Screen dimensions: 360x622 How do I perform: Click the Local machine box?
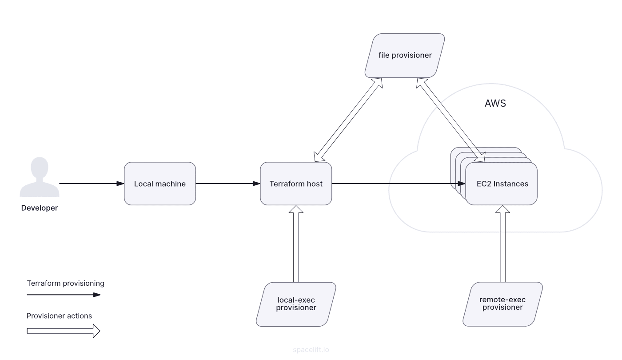(160, 184)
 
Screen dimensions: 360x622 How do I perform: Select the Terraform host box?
(296, 184)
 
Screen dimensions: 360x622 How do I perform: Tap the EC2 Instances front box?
(502, 184)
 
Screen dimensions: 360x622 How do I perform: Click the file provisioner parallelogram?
(405, 56)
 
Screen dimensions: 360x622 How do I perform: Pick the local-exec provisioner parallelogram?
(296, 304)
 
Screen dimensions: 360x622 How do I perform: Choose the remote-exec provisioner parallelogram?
(502, 304)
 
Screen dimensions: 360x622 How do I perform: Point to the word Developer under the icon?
(39, 208)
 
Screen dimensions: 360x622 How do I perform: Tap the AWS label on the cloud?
(495, 104)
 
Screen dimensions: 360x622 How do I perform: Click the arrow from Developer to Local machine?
(91, 184)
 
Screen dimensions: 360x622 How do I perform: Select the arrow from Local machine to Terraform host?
(227, 184)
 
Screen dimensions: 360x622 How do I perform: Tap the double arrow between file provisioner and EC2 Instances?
(450, 118)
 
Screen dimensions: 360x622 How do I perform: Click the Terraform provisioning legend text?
(65, 283)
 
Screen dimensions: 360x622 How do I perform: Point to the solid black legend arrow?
(64, 294)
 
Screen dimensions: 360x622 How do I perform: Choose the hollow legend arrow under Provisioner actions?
(64, 331)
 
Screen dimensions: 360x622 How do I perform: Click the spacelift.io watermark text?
(311, 350)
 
